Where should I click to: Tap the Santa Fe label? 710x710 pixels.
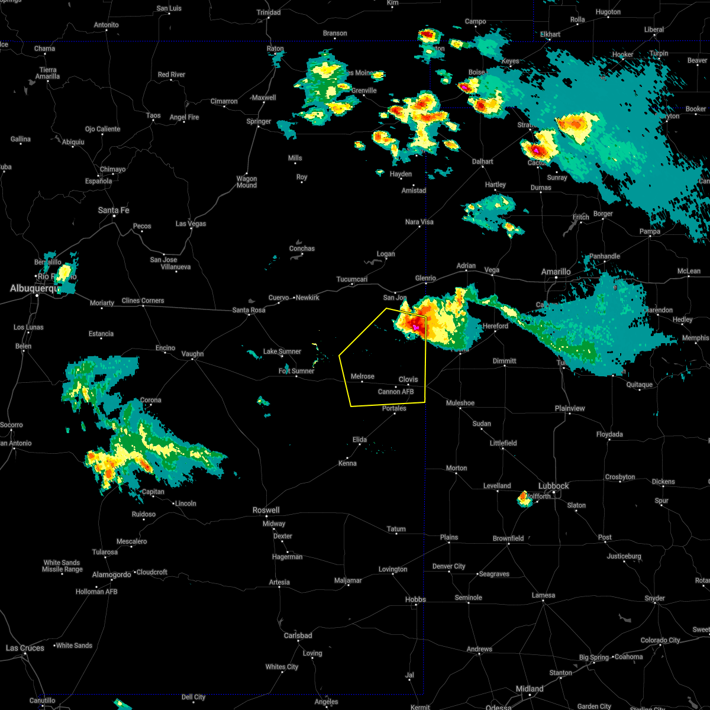coord(114,210)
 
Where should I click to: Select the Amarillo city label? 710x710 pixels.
coord(556,272)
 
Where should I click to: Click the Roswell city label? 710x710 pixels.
coord(266,510)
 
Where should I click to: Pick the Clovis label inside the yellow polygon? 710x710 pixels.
coord(408,379)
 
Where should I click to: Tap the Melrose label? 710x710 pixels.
coord(362,376)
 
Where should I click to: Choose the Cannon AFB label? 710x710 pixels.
coord(396,392)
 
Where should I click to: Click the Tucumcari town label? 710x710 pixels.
coord(352,279)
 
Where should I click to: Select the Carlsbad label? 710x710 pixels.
coord(298,635)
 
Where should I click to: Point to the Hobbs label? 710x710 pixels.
coord(415,599)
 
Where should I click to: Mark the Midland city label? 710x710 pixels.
coord(530,689)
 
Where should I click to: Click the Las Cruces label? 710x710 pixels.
coord(25,648)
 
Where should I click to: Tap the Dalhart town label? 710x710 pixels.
coord(482,162)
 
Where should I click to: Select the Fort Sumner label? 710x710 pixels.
coord(296,371)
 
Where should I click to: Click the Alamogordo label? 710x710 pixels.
coord(111,575)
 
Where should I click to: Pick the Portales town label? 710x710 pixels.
coord(394,408)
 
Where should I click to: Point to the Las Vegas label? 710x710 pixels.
coord(191,224)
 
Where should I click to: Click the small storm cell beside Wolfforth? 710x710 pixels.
coord(524,499)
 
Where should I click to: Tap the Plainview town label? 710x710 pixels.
coord(570,408)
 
